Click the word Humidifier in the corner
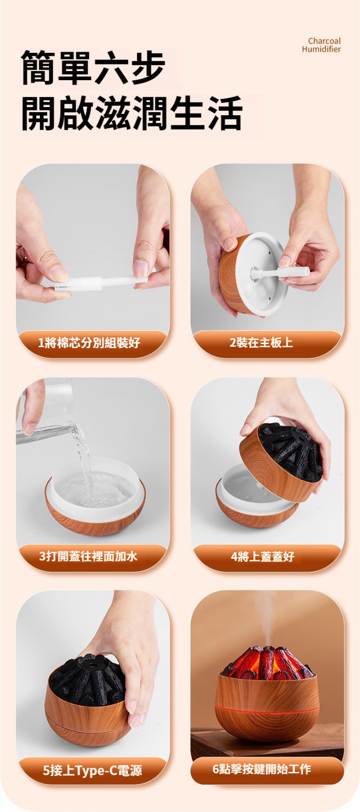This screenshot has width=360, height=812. pyautogui.click(x=321, y=49)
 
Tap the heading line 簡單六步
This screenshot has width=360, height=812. pyautogui.click(x=93, y=68)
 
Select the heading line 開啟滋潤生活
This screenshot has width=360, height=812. pyautogui.click(x=132, y=113)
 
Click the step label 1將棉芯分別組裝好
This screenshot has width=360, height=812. pyautogui.click(x=89, y=342)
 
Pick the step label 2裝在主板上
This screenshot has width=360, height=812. pyautogui.click(x=261, y=342)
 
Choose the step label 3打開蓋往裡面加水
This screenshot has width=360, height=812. pyautogui.click(x=88, y=555)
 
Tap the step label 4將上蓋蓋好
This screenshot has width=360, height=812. pyautogui.click(x=263, y=556)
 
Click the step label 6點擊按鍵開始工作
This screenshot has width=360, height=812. pyautogui.click(x=261, y=768)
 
